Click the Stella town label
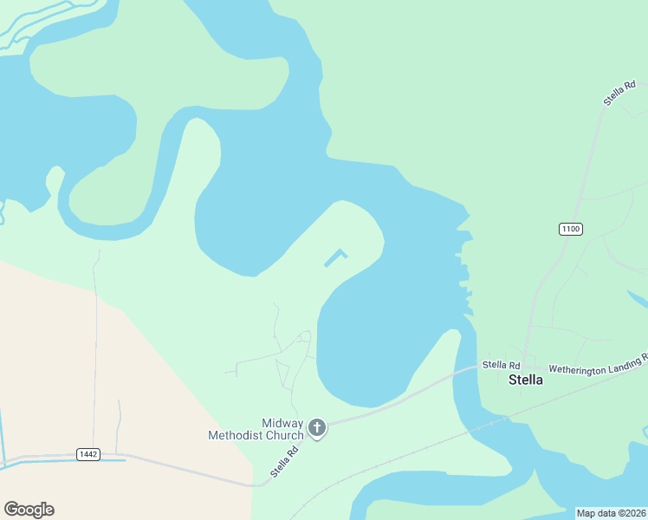tap(525, 380)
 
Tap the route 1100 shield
tap(570, 229)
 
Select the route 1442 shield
tap(88, 454)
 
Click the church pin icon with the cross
tap(317, 426)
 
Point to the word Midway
tap(282, 422)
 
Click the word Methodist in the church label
tap(234, 435)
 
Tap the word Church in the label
tap(283, 435)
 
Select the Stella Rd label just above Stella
tap(501, 365)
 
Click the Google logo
tap(29, 510)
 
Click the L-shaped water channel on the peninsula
tap(336, 257)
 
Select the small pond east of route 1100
tap(638, 300)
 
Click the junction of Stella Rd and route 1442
tap(256, 485)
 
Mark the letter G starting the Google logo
tap(11, 510)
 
